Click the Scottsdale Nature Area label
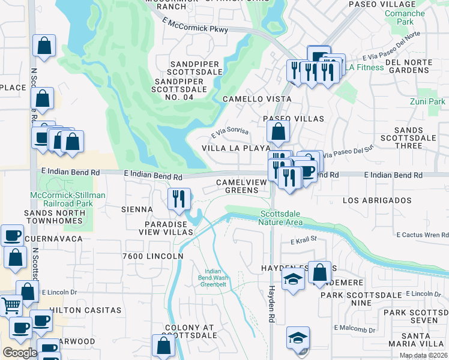coord(282,218)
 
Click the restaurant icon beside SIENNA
coord(178,199)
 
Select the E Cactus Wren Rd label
coord(422,234)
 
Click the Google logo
coord(19,353)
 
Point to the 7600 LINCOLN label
coord(152,256)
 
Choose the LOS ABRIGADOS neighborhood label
coord(377,200)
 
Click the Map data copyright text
coord(423,355)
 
